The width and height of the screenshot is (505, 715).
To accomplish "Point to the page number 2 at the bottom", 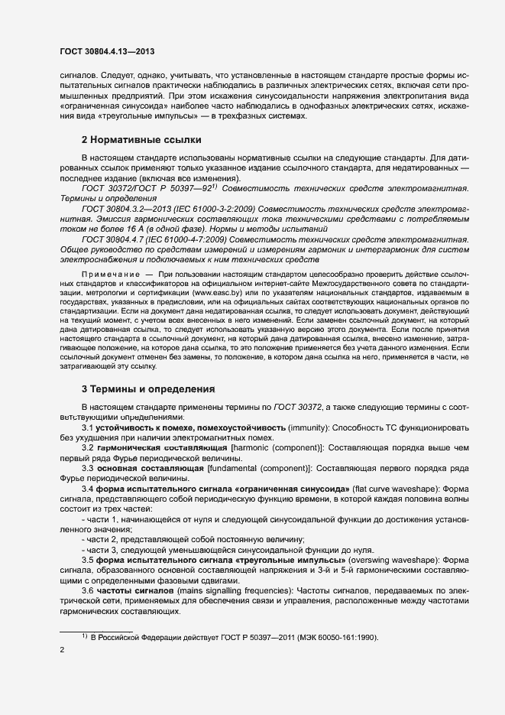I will point(62,650).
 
